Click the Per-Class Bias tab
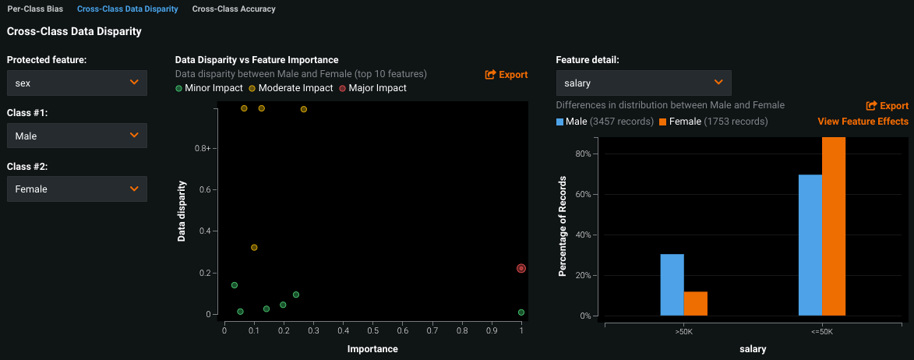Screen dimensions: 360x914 (35, 9)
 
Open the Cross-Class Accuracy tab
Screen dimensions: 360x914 (234, 9)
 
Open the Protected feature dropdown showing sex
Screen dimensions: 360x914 (76, 83)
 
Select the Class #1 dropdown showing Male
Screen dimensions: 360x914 (76, 136)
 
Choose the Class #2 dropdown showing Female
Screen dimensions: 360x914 (76, 189)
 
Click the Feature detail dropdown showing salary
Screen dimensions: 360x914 (643, 83)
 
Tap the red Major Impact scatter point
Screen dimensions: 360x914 (521, 268)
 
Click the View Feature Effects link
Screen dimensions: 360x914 (863, 122)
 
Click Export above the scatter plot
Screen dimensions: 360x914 (506, 75)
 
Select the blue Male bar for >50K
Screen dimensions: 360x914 (672, 284)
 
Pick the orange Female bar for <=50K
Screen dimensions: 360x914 (834, 226)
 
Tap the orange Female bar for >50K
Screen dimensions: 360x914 (695, 303)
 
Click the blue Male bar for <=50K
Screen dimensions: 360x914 (810, 245)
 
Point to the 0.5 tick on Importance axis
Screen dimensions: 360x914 (373, 330)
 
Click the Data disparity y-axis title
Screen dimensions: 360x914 (182, 211)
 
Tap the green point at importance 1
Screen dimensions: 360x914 (521, 312)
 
